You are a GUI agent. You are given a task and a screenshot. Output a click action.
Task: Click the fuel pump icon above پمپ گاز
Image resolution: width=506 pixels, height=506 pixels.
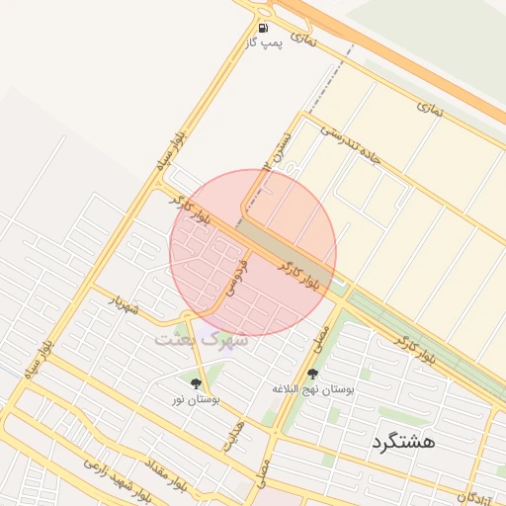tap(264, 28)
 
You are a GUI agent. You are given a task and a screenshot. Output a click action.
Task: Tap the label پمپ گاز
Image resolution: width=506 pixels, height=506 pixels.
tap(264, 44)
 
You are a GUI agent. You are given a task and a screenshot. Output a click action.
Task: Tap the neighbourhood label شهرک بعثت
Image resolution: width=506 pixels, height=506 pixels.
tap(192, 338)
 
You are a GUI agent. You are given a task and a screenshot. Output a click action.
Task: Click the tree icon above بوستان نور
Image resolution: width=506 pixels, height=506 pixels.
tap(196, 382)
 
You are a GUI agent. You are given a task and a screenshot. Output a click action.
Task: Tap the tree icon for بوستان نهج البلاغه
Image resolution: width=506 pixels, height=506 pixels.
tap(312, 374)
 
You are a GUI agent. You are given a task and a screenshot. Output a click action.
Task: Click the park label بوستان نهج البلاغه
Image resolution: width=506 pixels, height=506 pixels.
tap(313, 389)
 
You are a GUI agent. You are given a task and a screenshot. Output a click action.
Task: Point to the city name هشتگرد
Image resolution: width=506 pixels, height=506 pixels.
tap(402, 441)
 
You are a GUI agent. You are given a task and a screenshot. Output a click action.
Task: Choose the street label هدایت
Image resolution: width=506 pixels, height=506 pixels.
tap(232, 435)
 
